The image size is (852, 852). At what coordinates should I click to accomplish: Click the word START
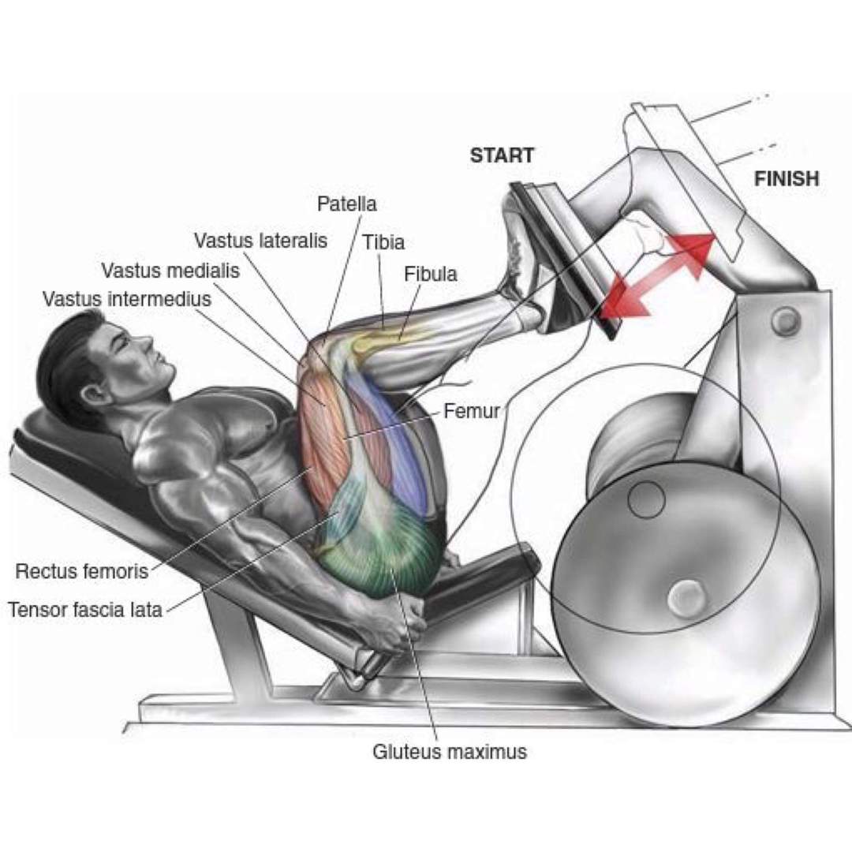502,155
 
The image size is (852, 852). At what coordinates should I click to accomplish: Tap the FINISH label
786,179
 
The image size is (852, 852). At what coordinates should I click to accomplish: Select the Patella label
347,204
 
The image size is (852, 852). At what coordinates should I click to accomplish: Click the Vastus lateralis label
260,241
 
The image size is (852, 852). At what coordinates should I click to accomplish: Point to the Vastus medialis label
170,271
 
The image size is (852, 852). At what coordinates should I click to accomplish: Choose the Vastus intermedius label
127,300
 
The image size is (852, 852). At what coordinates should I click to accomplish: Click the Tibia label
383,243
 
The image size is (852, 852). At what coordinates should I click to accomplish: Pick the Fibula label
431,275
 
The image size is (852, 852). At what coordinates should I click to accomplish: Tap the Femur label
471,411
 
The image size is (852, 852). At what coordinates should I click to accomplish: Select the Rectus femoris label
82,571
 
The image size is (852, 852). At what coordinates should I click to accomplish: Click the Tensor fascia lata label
85,609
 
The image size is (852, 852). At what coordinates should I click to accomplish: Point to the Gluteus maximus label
449,752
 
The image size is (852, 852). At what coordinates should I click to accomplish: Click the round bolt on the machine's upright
785,320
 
